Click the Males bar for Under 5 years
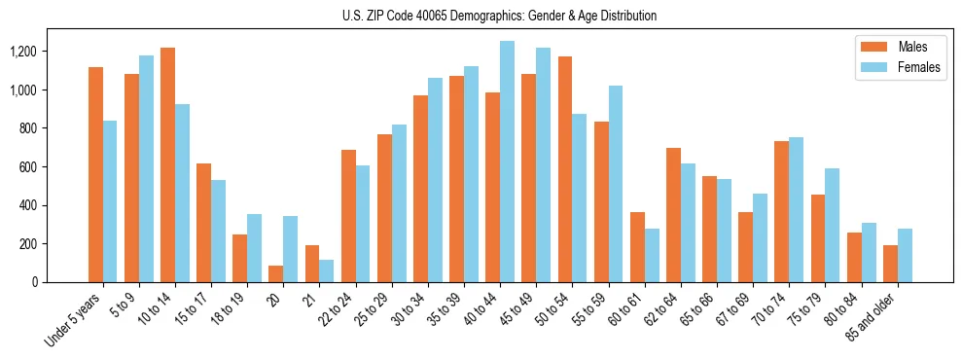tap(95, 175)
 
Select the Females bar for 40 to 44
tap(507, 162)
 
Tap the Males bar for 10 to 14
tap(167, 165)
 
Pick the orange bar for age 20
tap(275, 273)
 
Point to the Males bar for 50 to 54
tap(564, 169)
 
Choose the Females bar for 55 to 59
tap(615, 184)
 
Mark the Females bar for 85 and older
tap(904, 255)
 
